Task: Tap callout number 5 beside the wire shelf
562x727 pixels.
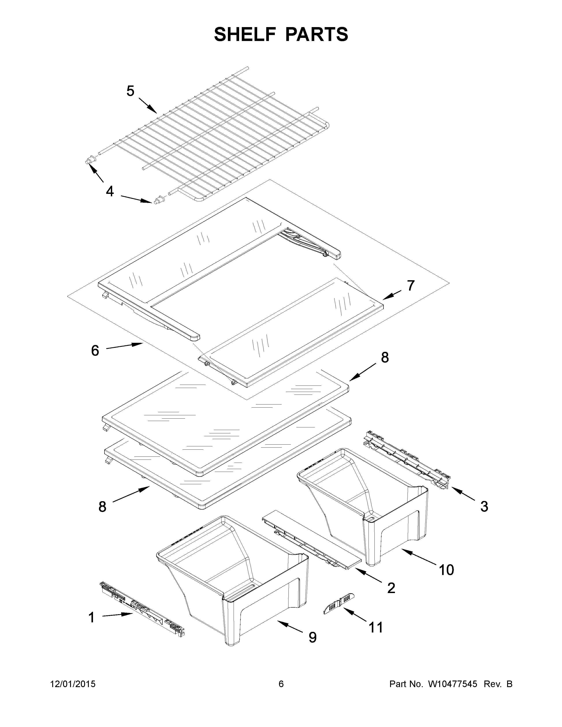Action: [x=130, y=91]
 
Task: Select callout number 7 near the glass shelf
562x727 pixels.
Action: [x=411, y=285]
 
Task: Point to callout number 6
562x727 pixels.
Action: [x=95, y=351]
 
